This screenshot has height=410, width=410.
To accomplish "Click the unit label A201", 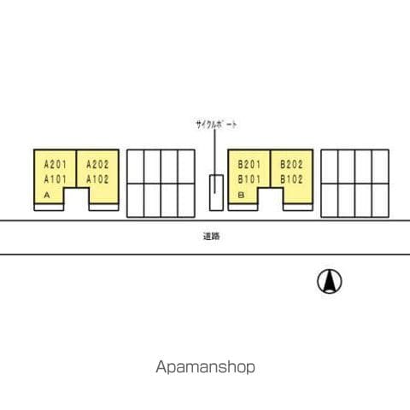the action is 56,165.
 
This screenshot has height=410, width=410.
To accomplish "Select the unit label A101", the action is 56,179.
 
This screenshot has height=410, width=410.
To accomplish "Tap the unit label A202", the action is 97,165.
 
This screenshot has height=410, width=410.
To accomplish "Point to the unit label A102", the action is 97,179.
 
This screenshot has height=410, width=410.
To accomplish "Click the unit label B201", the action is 249,165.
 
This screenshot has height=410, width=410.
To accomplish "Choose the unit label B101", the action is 249,179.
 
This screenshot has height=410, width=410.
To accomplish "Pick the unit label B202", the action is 291,165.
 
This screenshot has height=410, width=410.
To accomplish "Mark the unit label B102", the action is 291,179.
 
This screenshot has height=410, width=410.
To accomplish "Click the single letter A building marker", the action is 47,195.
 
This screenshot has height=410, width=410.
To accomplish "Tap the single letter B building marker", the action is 241,195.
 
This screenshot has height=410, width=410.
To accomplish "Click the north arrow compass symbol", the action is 330,281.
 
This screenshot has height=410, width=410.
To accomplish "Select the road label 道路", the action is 211,237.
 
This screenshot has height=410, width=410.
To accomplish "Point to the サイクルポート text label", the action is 216,125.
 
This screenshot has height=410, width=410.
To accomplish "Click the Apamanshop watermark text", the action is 205,367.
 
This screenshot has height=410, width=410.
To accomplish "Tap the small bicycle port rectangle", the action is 216,193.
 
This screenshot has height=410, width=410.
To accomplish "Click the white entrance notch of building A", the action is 76,199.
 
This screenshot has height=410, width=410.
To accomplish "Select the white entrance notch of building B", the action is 271,199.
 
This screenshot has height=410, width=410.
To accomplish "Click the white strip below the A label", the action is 49,208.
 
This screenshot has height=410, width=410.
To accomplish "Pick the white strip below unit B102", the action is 298,208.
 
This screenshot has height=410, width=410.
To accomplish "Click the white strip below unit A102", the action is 104,208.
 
